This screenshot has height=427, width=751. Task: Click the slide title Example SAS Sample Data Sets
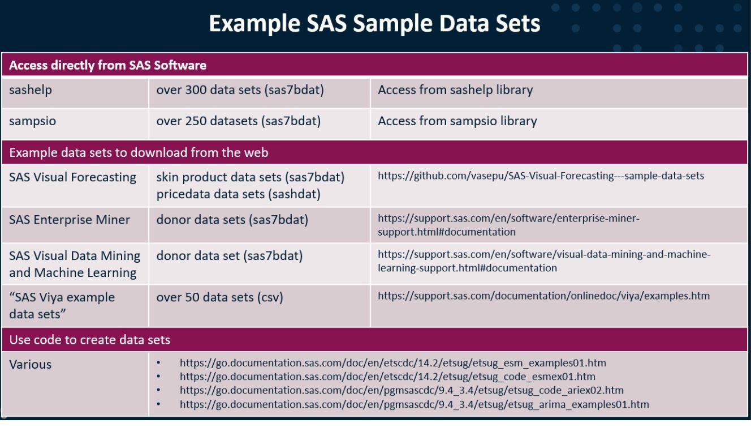point(374,24)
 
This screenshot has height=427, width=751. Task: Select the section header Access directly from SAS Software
point(107,65)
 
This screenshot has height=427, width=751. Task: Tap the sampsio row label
point(32,121)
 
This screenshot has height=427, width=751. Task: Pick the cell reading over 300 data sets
point(240,90)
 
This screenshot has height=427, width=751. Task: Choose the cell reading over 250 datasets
point(238,121)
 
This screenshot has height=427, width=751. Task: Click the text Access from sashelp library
point(455,90)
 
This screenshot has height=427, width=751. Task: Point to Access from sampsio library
point(457,121)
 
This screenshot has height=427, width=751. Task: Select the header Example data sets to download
point(139,152)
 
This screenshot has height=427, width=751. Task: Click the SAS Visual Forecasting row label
point(72,177)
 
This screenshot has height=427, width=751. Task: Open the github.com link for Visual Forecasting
point(541,176)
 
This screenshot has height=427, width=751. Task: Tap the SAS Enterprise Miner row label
point(70,220)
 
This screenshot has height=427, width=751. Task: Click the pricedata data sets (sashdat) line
point(238,194)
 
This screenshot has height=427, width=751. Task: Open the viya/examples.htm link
point(543,296)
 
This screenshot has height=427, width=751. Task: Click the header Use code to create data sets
point(90,340)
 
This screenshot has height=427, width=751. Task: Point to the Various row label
point(31,365)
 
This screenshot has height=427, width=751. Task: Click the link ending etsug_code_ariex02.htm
point(402,390)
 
